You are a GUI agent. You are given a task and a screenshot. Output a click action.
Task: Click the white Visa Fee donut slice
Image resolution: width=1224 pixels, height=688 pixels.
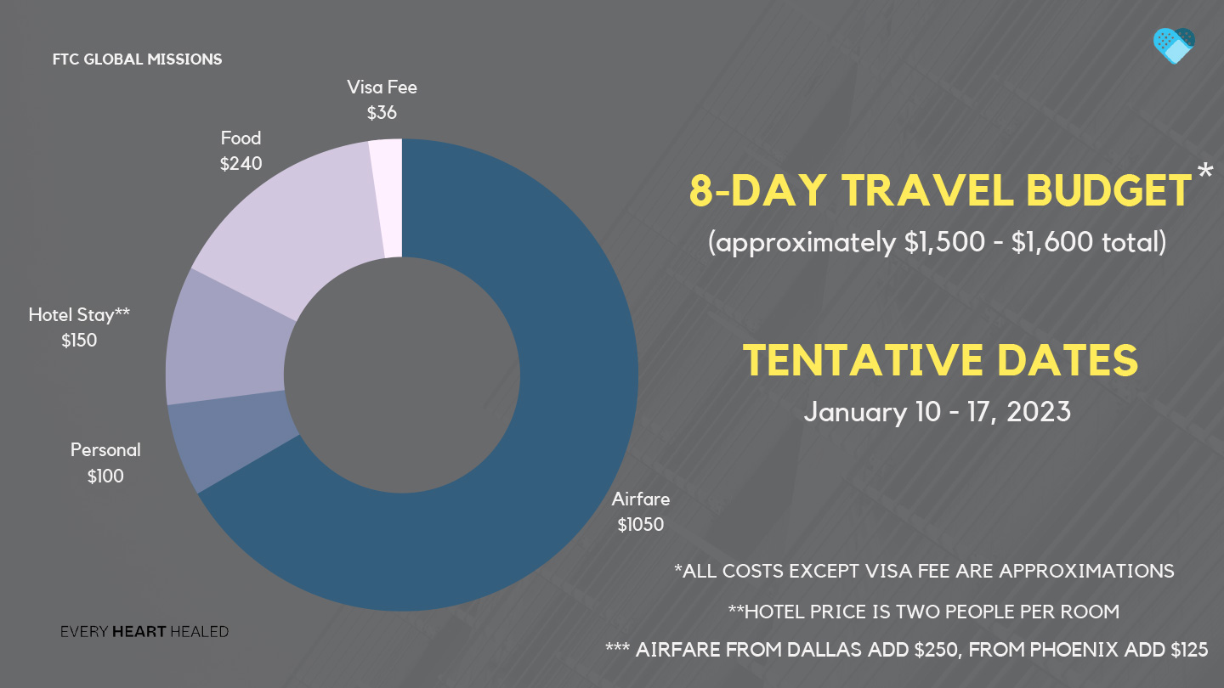click(x=386, y=198)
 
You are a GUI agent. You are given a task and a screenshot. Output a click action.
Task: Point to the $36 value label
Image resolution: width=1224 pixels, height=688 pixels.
click(x=382, y=113)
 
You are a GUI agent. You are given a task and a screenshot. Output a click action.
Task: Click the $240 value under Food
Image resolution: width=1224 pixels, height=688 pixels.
click(x=241, y=164)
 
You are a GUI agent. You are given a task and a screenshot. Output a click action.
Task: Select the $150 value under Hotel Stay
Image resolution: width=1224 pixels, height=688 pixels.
click(x=79, y=341)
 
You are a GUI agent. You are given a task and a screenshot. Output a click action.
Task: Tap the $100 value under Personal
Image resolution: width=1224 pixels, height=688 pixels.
click(x=105, y=477)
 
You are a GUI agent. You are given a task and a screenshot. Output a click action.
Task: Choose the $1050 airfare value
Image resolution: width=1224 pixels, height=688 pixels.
click(x=640, y=525)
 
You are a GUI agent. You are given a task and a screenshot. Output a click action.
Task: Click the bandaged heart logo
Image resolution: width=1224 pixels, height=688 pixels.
click(x=1174, y=46)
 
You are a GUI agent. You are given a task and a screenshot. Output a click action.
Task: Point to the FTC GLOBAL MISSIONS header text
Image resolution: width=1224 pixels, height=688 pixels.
click(x=137, y=59)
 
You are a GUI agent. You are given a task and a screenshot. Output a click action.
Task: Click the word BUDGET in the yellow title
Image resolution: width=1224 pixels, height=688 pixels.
click(x=1108, y=190)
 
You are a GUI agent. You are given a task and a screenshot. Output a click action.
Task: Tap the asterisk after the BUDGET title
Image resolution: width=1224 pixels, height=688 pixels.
click(x=1205, y=171)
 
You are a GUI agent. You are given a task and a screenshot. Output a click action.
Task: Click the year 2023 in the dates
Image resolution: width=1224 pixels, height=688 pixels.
click(x=1038, y=412)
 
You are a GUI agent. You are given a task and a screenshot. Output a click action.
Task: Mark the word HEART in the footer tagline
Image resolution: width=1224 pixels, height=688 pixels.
click(x=139, y=632)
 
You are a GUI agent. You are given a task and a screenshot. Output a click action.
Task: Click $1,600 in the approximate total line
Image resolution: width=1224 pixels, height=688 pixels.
click(x=1052, y=242)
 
